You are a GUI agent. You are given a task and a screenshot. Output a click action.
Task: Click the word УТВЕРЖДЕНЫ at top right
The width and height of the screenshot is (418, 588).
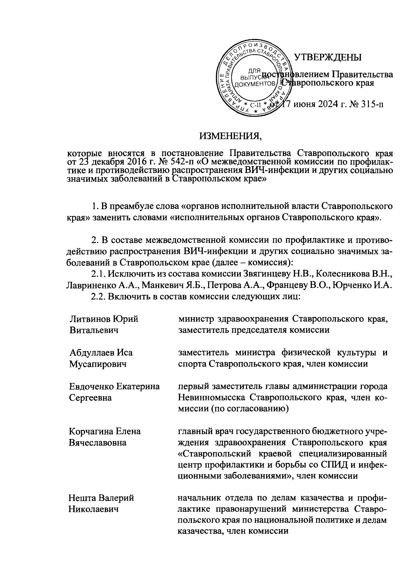pos(328,57)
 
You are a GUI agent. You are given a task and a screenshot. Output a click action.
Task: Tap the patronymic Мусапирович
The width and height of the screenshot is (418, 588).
pos(98,364)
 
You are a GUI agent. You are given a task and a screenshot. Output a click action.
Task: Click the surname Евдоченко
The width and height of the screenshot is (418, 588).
pos(91,386)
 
